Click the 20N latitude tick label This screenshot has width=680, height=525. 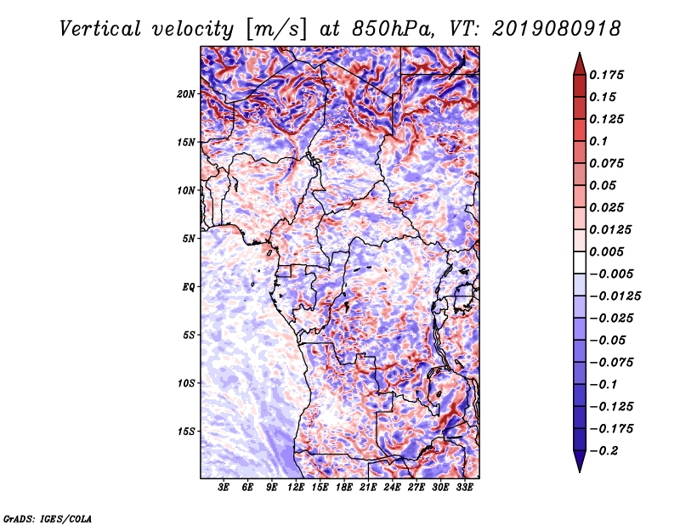tap(187, 93)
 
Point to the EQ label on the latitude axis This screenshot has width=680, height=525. tap(189, 286)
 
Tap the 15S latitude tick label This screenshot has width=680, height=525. tap(187, 431)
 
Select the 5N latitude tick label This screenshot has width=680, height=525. tap(189, 238)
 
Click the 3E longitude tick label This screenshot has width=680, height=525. tap(224, 488)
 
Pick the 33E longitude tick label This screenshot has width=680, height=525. tap(464, 488)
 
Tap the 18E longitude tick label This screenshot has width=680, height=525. tap(344, 488)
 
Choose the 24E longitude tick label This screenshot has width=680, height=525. tap(392, 488)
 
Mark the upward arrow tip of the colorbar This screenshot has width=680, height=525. tap(579, 55)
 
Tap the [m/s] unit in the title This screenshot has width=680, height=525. tap(275, 28)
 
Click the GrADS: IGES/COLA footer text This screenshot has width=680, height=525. tap(47, 517)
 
